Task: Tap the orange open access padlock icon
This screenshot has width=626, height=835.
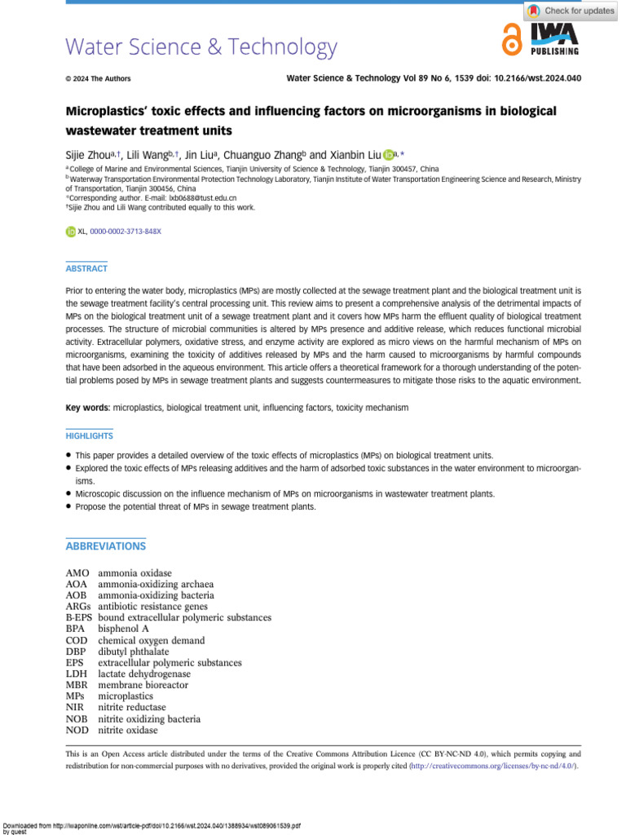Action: coord(512,39)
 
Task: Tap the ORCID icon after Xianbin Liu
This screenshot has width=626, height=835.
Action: coord(389,155)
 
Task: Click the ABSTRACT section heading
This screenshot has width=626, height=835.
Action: coord(86,268)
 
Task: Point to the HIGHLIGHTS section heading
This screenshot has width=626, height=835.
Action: coord(89,436)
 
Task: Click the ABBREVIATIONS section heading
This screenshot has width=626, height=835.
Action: coord(105,546)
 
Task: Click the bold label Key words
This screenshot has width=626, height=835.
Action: coord(86,406)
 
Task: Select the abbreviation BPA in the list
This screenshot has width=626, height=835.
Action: coord(77,630)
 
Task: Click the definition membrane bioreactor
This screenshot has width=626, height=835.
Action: coord(143,686)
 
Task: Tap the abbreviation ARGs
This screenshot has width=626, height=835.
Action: coord(79,607)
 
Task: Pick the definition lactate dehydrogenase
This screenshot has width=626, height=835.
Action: coord(144,674)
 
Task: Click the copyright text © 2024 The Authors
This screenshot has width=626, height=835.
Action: coord(98,79)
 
